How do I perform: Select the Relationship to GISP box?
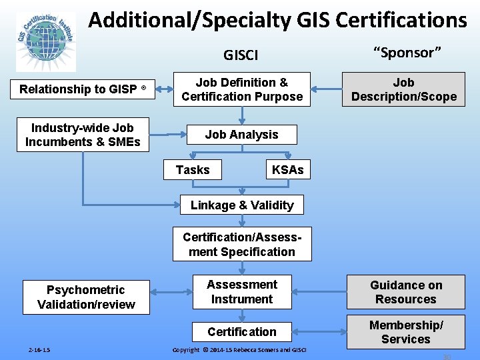point(83,89)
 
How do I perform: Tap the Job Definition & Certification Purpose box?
point(242,89)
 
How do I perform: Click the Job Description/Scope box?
point(403,89)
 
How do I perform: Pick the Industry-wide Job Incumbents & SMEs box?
point(83,135)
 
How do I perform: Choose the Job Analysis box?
point(241,135)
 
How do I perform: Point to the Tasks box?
point(193,170)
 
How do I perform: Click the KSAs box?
point(287,170)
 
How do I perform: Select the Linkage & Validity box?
point(242,205)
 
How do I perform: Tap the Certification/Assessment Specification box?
point(242,245)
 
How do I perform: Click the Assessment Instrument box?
point(242,292)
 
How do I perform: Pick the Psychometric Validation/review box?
point(86,297)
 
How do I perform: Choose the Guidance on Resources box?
point(406,292)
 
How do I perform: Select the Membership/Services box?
point(406,331)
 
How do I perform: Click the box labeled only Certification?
point(242,331)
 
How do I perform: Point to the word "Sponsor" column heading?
point(407,53)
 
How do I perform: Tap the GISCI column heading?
point(241,55)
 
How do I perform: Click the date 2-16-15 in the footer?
point(39,350)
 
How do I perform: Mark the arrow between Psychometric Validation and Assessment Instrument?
point(171,292)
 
